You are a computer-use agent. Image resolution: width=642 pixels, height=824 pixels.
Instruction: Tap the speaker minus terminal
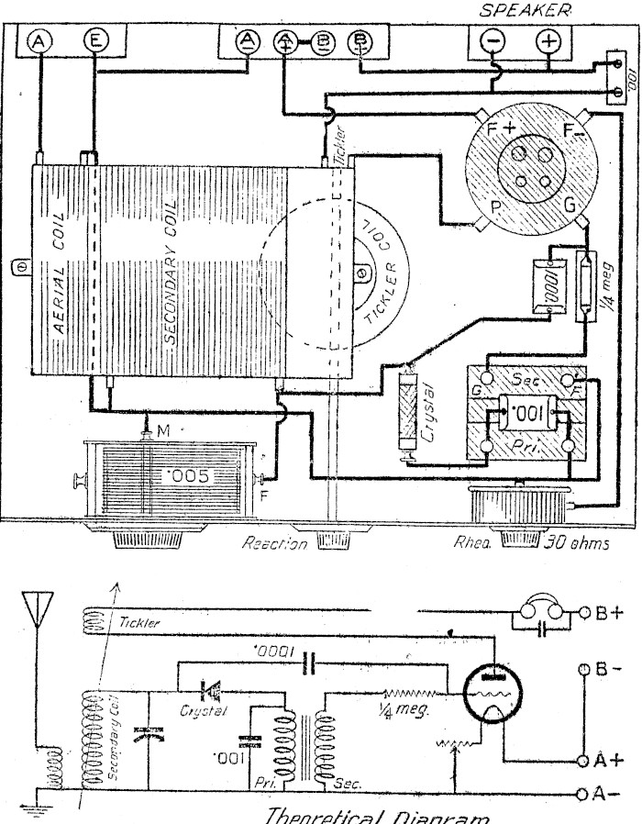[x=492, y=41]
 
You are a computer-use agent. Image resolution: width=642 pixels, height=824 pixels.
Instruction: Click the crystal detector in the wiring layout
[x=410, y=413]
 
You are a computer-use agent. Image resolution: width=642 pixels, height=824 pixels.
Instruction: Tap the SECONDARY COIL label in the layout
[x=171, y=275]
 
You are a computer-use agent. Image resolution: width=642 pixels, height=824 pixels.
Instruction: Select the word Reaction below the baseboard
[x=273, y=543]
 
